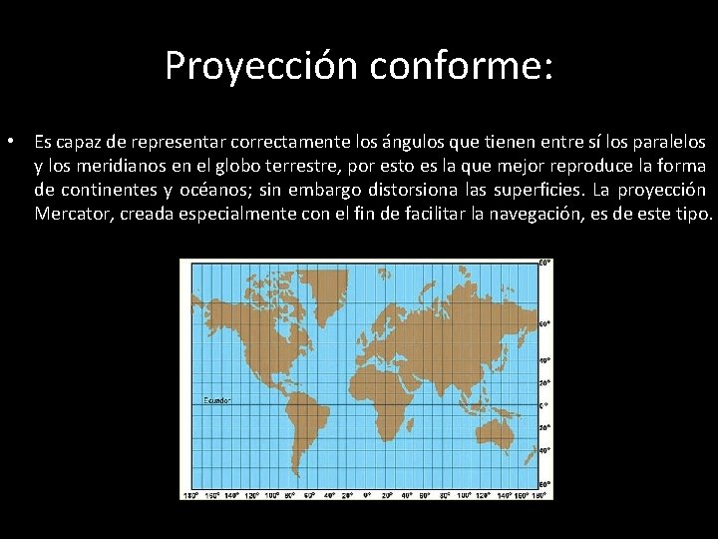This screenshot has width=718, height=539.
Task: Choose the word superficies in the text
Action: [536, 190]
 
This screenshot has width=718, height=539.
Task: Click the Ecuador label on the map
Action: [217, 400]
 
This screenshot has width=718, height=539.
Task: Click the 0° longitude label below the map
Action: [366, 494]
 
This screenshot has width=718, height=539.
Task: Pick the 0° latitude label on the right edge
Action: [543, 405]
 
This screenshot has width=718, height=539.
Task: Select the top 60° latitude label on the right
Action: [545, 324]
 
